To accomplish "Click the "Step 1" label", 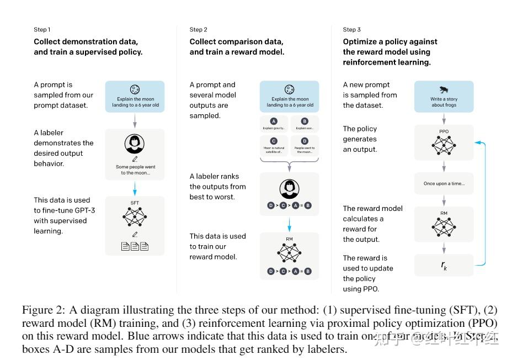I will [x=42, y=30].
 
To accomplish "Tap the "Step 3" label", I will [x=351, y=30].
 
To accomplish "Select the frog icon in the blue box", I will [x=444, y=89].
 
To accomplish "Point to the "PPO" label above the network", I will [x=444, y=132].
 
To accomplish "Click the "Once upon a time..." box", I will [x=444, y=183].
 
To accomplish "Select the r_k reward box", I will [x=444, y=265].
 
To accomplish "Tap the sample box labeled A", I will [x=274, y=124].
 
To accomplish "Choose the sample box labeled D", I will [x=305, y=145].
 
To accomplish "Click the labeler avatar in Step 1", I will [x=134, y=144].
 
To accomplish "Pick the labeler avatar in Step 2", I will [x=289, y=189].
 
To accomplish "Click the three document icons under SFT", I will [x=135, y=246].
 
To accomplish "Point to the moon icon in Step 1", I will [x=135, y=89].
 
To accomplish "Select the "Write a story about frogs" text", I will [x=444, y=102].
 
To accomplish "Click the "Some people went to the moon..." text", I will [x=135, y=170].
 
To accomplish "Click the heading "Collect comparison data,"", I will [x=236, y=42].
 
